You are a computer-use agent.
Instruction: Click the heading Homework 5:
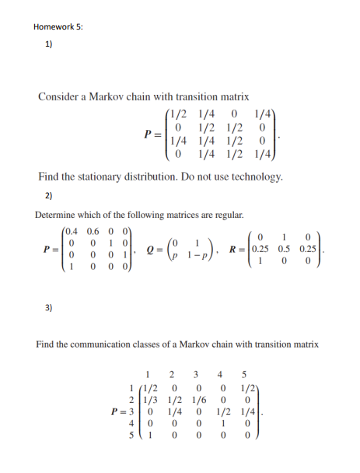(x=58, y=27)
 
